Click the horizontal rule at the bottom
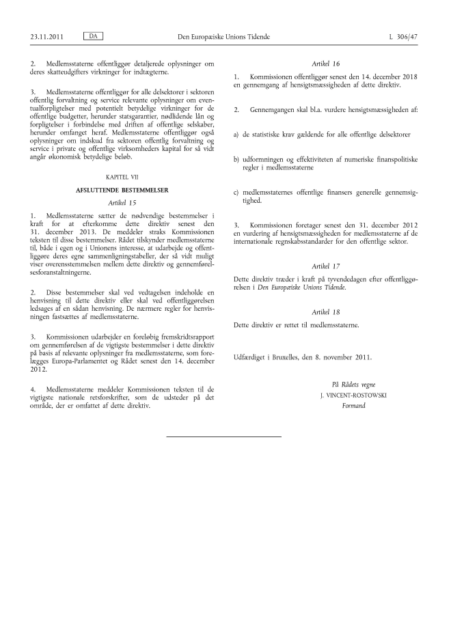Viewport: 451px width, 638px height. click(224, 436)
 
